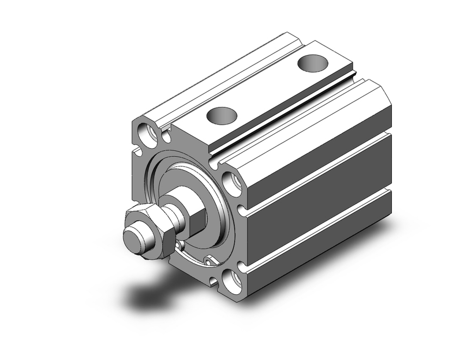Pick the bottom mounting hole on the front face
pos(232,281)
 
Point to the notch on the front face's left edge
pos(136,152)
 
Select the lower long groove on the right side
pos(317,228)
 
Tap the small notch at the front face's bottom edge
pos(214,281)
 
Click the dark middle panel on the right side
pos(322,198)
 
